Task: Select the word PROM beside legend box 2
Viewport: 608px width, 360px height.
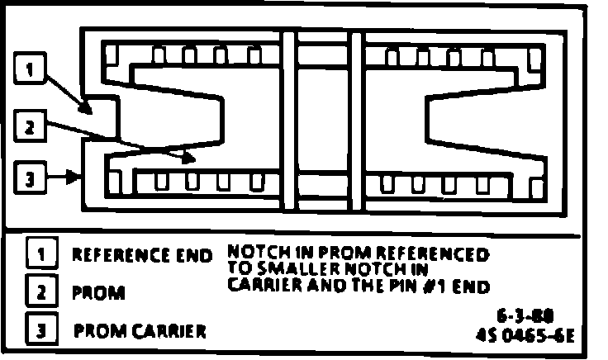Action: (99, 293)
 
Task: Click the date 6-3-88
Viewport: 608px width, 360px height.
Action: (525, 316)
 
